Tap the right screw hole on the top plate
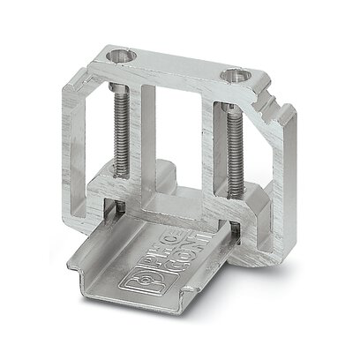tap(235, 76)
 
